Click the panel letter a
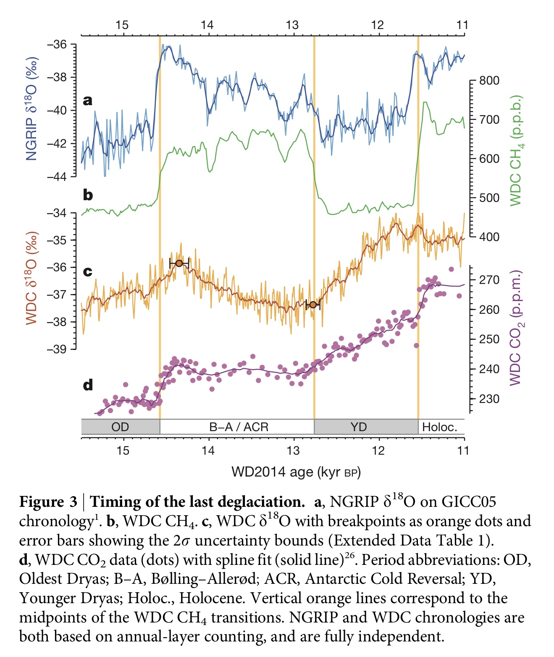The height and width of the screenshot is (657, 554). (87, 100)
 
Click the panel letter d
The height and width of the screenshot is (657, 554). (88, 385)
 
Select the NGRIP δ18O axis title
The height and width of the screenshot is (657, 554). (32, 109)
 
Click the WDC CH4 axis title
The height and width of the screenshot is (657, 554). (516, 151)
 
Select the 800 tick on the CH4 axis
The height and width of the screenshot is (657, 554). (489, 80)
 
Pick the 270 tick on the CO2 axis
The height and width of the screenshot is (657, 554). (489, 280)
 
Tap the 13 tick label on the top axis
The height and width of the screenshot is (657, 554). (292, 25)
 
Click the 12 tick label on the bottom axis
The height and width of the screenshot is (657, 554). (378, 450)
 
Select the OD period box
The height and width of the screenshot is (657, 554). (120, 427)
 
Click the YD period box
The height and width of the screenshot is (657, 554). (359, 427)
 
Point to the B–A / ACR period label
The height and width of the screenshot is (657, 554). (239, 427)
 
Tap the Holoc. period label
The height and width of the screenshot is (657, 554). (439, 427)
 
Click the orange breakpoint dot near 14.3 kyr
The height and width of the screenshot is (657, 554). (179, 263)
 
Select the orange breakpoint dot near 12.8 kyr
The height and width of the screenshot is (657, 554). (312, 305)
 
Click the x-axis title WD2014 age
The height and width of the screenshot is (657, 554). (296, 472)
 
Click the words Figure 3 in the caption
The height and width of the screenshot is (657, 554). (48, 502)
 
